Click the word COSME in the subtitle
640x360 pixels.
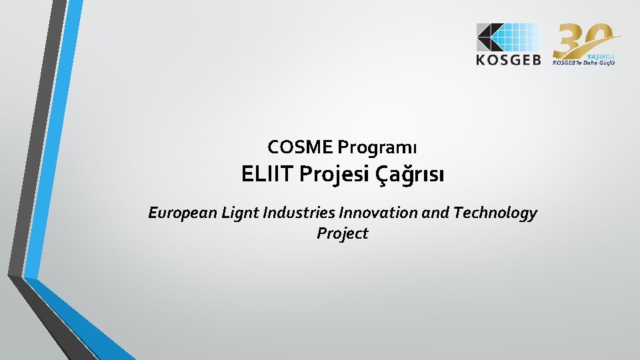pos(301,145)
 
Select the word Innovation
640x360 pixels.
pos(381,213)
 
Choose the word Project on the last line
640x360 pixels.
pos(343,233)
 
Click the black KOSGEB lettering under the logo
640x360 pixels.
pos(509,60)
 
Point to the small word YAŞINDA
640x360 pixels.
pos(602,55)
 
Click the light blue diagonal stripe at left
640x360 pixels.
pos(57,133)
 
